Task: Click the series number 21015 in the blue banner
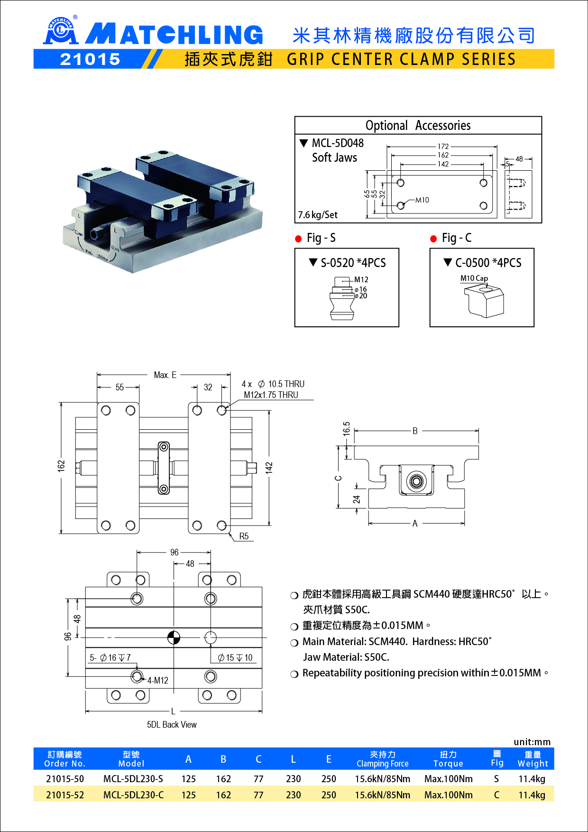pyautogui.click(x=90, y=59)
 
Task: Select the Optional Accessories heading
pyautogui.click(x=418, y=126)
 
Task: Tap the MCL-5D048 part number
pyautogui.click(x=338, y=143)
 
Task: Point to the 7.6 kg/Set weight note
pyautogui.click(x=318, y=215)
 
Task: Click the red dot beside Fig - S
pyautogui.click(x=298, y=239)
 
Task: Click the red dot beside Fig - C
pyautogui.click(x=433, y=239)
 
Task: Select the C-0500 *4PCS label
pyautogui.click(x=488, y=263)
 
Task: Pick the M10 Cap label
pyautogui.click(x=474, y=278)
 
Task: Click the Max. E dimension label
pyautogui.click(x=165, y=375)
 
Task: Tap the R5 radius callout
pyautogui.click(x=244, y=536)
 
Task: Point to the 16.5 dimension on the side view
pyautogui.click(x=347, y=429)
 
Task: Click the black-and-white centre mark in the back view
pyautogui.click(x=174, y=638)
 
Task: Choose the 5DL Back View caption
pyautogui.click(x=172, y=725)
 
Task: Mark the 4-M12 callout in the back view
pyautogui.click(x=157, y=681)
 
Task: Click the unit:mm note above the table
pyautogui.click(x=532, y=742)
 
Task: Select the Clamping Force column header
pyautogui.click(x=382, y=759)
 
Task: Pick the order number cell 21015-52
pyautogui.click(x=65, y=795)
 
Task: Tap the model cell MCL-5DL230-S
pyautogui.click(x=133, y=779)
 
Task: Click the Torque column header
pyautogui.click(x=448, y=759)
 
